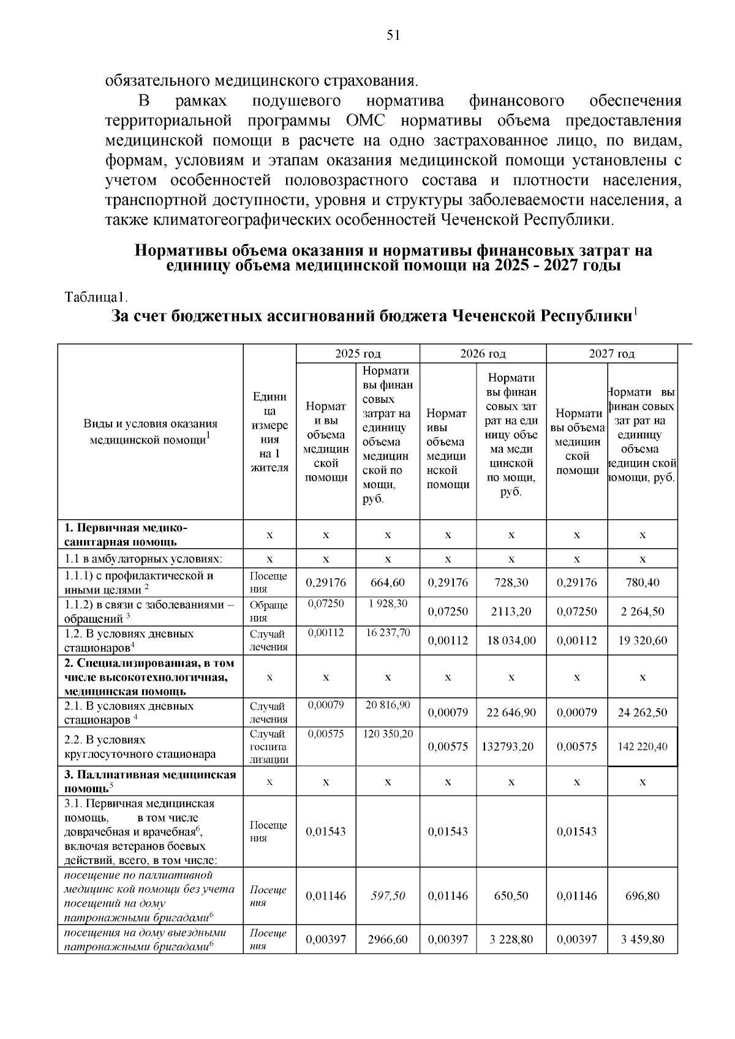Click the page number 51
click(x=393, y=36)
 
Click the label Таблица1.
click(x=96, y=298)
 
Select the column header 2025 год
click(x=358, y=353)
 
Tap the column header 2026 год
click(x=483, y=353)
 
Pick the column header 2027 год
click(x=611, y=353)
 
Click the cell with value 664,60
click(x=388, y=582)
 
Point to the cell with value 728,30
click(x=511, y=582)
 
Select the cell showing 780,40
click(x=642, y=582)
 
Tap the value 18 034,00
click(x=511, y=640)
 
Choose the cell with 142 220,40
click(x=642, y=746)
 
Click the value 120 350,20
click(x=388, y=733)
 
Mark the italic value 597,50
click(x=388, y=896)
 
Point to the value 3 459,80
click(x=642, y=939)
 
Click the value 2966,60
click(x=388, y=939)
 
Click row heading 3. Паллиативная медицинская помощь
click(x=149, y=781)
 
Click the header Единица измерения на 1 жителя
click(x=269, y=433)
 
